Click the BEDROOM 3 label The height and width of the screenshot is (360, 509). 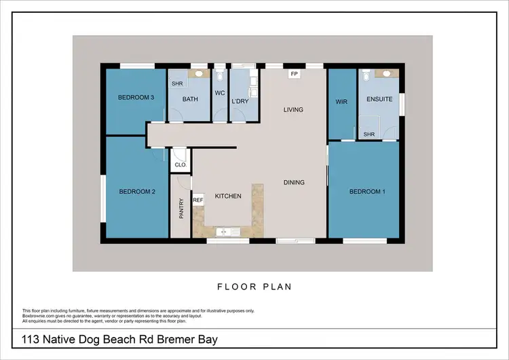(137, 98)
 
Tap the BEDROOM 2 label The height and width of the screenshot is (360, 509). (137, 192)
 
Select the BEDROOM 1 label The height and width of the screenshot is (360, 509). (367, 192)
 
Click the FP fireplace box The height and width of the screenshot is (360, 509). (294, 73)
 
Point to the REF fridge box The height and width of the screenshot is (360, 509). (198, 200)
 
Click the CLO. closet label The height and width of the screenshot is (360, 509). (181, 164)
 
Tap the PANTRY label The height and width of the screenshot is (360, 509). (181, 207)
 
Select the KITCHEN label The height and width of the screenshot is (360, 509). (228, 196)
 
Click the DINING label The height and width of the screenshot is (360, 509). (294, 182)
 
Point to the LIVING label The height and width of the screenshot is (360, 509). (293, 109)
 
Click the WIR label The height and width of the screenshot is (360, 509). (341, 102)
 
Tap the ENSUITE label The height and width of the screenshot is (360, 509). (379, 99)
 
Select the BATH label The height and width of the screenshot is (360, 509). (190, 99)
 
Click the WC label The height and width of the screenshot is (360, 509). (220, 93)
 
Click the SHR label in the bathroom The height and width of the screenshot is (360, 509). (177, 84)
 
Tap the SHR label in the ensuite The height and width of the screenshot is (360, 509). (369, 134)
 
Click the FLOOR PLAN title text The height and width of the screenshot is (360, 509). (254, 287)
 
